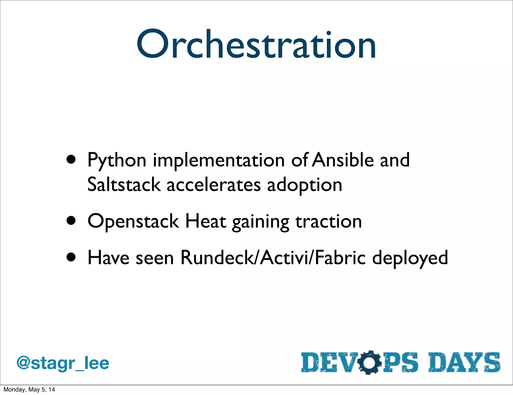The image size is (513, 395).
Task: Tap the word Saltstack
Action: point(124,184)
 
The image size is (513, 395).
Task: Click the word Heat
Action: point(205,221)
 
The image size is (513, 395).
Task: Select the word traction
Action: point(329,222)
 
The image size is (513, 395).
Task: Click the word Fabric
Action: point(340,258)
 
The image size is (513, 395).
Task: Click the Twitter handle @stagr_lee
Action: point(63,363)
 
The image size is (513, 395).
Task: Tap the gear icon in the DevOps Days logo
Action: point(369,363)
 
